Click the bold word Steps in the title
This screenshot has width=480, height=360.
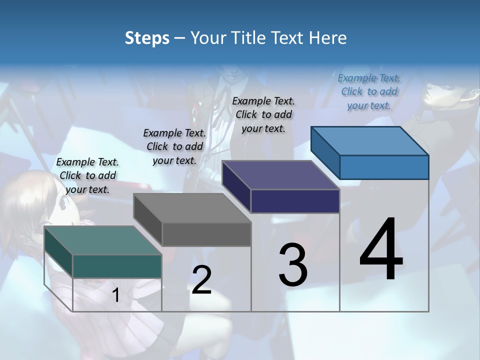pos(146,38)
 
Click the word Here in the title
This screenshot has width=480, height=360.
pos(328,38)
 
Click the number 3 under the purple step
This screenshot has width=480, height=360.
pos(293,265)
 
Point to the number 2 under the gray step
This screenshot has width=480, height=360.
pos(201,280)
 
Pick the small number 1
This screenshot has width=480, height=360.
pos(116,295)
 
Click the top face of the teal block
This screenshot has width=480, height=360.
pos(102,240)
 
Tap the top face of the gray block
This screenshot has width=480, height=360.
pos(192,208)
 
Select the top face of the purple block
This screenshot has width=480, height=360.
pos(281,175)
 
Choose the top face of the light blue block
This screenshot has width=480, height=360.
pos(370,141)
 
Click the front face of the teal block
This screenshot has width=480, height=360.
pos(117,266)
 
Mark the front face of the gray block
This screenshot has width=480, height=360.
pos(206,234)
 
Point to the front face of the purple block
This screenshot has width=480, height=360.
pos(295,201)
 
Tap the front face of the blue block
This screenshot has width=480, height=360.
pos(384,167)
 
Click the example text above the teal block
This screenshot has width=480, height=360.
pos(87,175)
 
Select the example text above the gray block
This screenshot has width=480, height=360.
pos(174,146)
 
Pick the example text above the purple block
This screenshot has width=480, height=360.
pos(263,114)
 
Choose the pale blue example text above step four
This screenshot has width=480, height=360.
pos(369,91)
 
